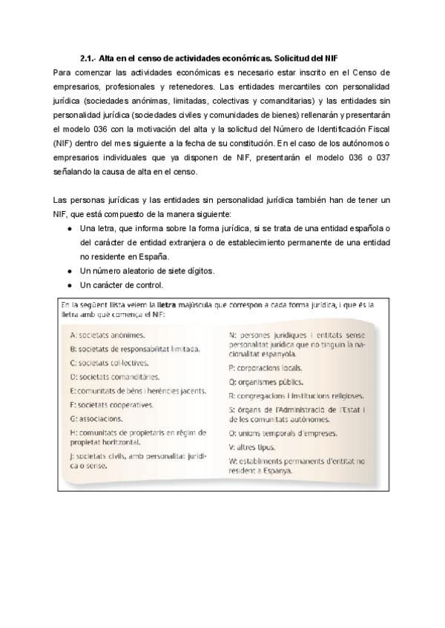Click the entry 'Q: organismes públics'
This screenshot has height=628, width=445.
point(266,382)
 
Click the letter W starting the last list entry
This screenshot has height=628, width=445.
point(233,461)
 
